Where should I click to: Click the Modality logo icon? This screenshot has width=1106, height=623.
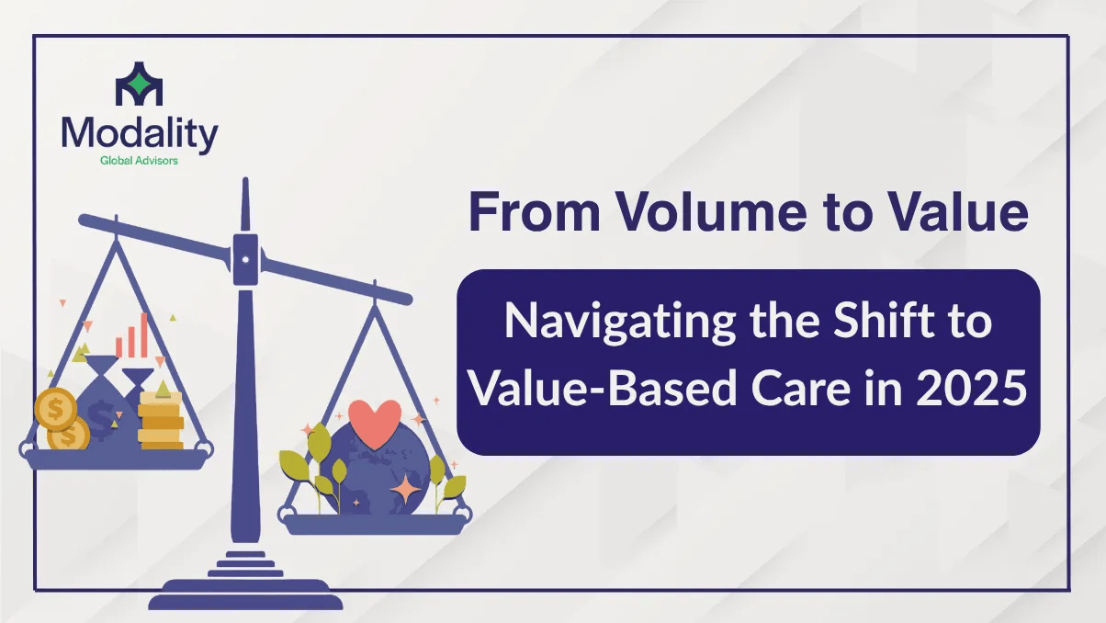(x=139, y=84)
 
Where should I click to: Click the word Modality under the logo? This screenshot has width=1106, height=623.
(x=140, y=134)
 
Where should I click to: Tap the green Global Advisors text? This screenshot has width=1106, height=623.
(x=139, y=161)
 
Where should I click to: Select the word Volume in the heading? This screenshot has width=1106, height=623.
(x=712, y=211)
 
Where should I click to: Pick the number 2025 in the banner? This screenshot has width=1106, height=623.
(x=971, y=389)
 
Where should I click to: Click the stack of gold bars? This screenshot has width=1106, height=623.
(x=161, y=421)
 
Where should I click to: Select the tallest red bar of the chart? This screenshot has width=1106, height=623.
(x=143, y=335)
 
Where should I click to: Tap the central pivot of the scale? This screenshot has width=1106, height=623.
(x=245, y=259)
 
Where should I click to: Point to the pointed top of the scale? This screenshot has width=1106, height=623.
(x=245, y=180)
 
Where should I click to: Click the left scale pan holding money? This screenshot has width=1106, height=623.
(x=116, y=459)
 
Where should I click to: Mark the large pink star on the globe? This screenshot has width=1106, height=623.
(x=405, y=489)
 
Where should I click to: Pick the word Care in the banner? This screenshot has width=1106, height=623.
(x=801, y=389)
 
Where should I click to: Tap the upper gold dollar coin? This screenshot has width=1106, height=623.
(x=55, y=409)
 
